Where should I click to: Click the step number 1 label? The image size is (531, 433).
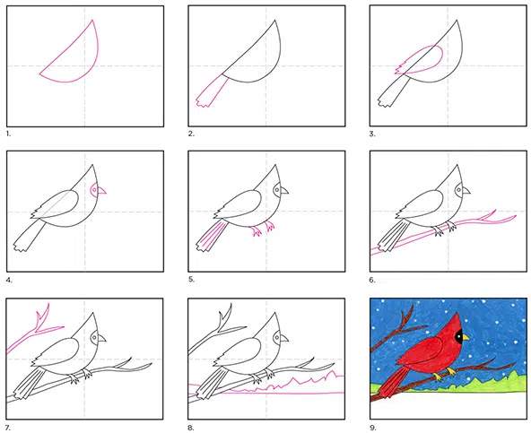pyautogui.click(x=8, y=134)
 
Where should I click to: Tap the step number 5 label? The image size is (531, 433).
pyautogui.click(x=191, y=280)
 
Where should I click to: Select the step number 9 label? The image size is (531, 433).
pyautogui.click(x=373, y=428)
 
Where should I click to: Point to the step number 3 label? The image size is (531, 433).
pyautogui.click(x=372, y=134)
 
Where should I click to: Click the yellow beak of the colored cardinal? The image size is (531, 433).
pyautogui.click(x=466, y=338)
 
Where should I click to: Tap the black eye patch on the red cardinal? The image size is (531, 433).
pyautogui.click(x=458, y=336)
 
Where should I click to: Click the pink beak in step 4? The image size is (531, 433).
pyautogui.click(x=101, y=191)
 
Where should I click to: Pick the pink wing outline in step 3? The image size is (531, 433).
pyautogui.click(x=419, y=60)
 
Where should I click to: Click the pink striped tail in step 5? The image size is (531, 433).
pyautogui.click(x=211, y=237)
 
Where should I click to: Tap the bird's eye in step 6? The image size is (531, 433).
pyautogui.click(x=460, y=190)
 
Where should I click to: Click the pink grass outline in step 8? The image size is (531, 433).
pyautogui.click(x=271, y=386)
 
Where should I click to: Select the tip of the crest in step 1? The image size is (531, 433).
pyautogui.click(x=92, y=20)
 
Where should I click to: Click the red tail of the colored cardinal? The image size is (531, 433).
pyautogui.click(x=392, y=382)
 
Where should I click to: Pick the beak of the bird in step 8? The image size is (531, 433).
pyautogui.click(x=283, y=339)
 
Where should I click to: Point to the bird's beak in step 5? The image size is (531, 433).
pyautogui.click(x=283, y=191)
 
